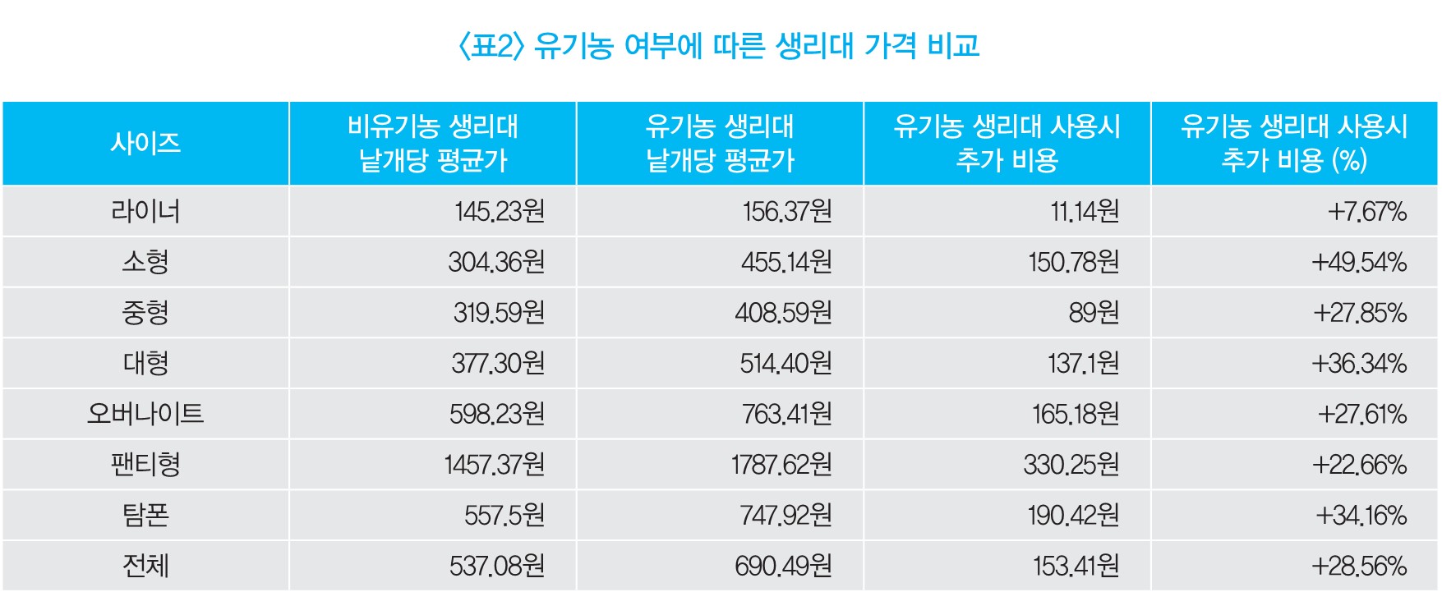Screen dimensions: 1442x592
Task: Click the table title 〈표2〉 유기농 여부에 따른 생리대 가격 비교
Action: tap(719, 45)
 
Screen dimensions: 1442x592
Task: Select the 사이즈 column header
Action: tap(145, 143)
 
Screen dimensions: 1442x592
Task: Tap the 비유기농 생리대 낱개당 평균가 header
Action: tap(433, 143)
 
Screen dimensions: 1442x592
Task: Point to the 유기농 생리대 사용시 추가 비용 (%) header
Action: tap(1294, 143)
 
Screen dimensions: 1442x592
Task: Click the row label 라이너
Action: tap(145, 212)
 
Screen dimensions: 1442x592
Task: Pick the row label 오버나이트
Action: tap(145, 413)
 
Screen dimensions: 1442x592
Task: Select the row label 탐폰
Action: tap(145, 515)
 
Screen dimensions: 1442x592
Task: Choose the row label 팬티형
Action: tap(145, 464)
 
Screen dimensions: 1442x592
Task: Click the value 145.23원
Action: tap(500, 212)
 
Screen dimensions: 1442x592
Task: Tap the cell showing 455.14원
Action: tap(786, 263)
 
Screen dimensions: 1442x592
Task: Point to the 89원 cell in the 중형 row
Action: tap(1094, 313)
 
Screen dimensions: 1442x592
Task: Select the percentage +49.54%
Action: tap(1359, 263)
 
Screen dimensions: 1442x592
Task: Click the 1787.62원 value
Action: tap(781, 465)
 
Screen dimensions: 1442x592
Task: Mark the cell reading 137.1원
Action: tap(1083, 364)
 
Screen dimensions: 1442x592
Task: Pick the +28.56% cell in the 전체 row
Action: tap(1359, 566)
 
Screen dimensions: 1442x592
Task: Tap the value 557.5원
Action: tap(504, 516)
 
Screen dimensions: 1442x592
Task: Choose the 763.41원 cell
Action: tap(786, 414)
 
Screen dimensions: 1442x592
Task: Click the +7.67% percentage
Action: tap(1367, 212)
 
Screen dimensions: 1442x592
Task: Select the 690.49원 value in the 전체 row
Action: tap(783, 566)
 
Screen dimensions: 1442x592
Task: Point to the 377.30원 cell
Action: tap(498, 364)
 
